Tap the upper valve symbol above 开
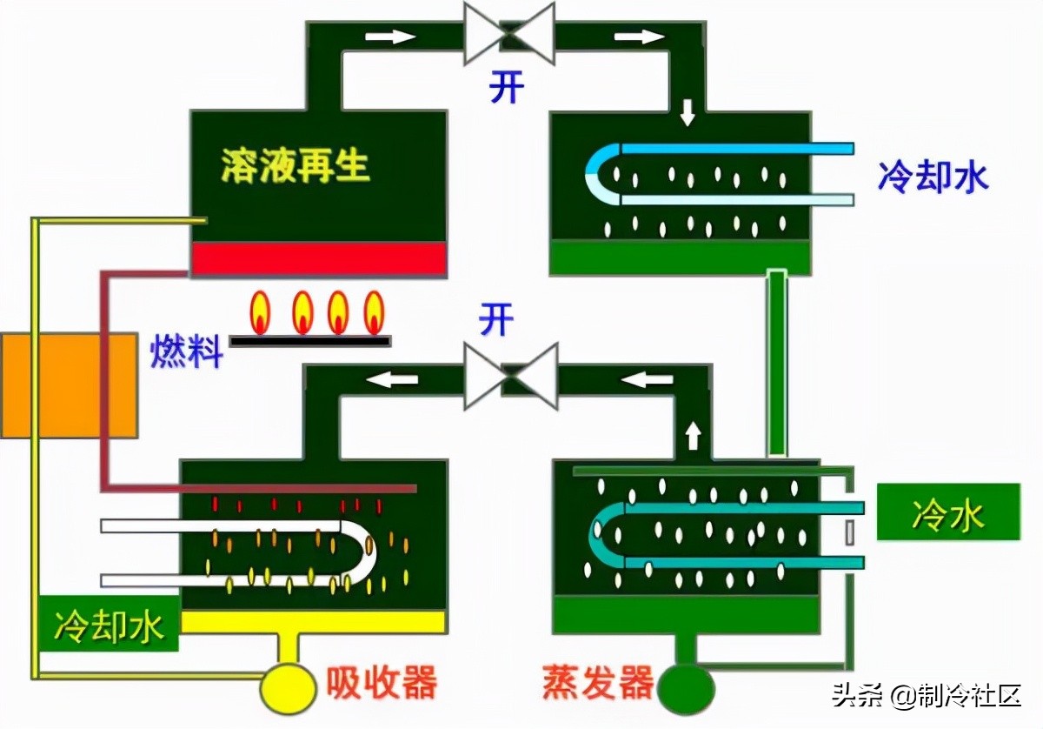tap(509, 34)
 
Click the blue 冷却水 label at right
tap(933, 177)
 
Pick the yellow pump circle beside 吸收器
tap(288, 686)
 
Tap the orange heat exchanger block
tap(68, 385)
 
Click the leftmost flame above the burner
tap(260, 311)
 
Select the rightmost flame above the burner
tap(374, 311)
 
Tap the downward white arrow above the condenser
tap(688, 113)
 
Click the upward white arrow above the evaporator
tap(693, 434)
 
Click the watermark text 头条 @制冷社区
tap(925, 695)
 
